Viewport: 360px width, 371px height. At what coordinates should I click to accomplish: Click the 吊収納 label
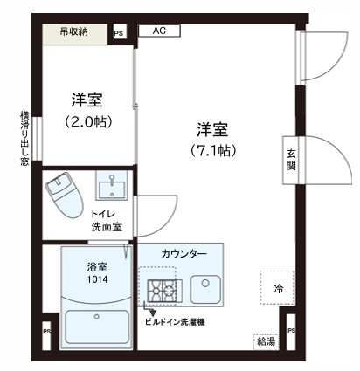click(x=73, y=32)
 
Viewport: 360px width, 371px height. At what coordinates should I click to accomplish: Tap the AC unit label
click(x=160, y=31)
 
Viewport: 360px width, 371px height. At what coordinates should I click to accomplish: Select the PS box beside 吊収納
click(x=120, y=34)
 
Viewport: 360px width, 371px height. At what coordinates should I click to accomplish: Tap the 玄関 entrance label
click(x=291, y=161)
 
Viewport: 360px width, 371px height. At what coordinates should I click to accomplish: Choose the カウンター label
click(x=184, y=253)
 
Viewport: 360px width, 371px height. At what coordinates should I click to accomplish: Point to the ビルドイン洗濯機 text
click(x=175, y=320)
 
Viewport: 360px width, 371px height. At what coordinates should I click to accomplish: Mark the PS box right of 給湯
click(x=290, y=332)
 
